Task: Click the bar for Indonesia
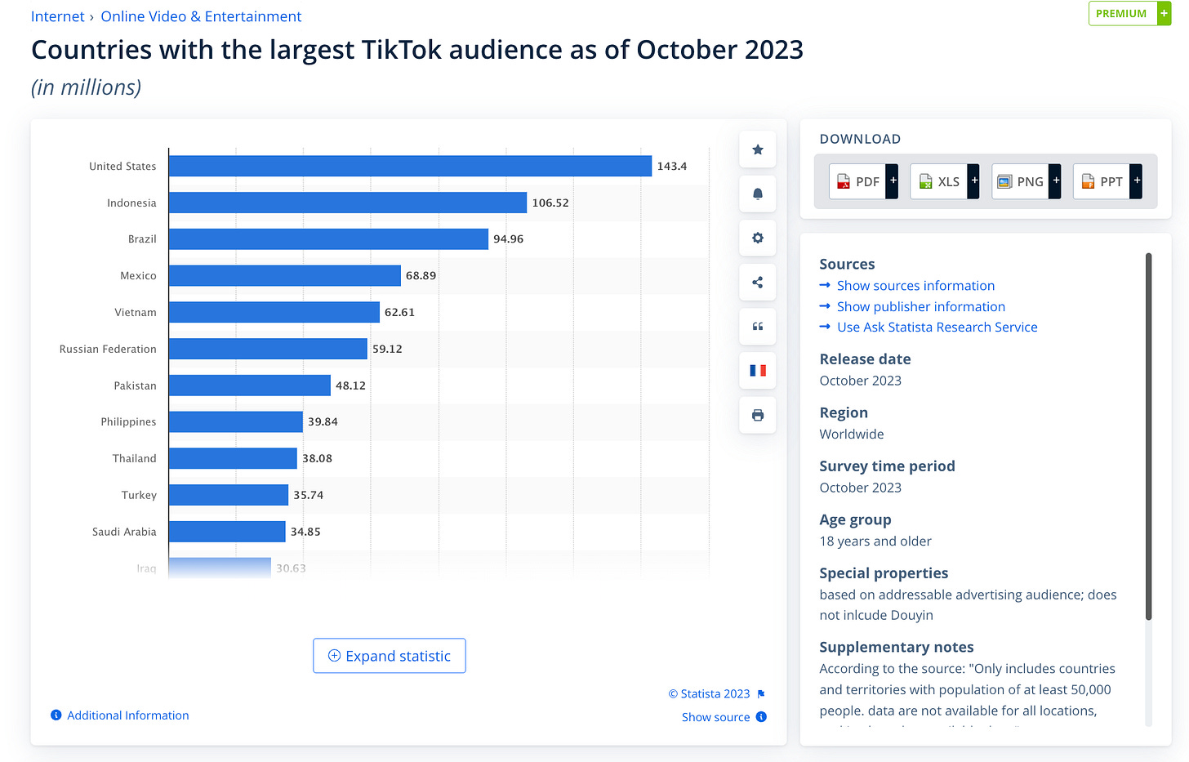click(x=348, y=203)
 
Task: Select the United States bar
click(x=410, y=166)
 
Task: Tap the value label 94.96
click(x=508, y=239)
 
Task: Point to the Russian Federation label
click(x=108, y=349)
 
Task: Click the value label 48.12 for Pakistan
click(x=350, y=385)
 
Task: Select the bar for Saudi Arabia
click(x=227, y=532)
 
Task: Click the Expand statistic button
click(x=390, y=656)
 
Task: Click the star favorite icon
click(x=758, y=149)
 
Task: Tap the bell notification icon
click(x=758, y=194)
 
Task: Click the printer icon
click(x=758, y=415)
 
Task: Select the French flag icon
click(x=758, y=371)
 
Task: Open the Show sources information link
click(x=915, y=286)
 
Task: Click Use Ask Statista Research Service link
click(x=937, y=328)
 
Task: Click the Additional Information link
click(x=127, y=715)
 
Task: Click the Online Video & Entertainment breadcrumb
click(x=201, y=16)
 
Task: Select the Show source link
click(x=715, y=717)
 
